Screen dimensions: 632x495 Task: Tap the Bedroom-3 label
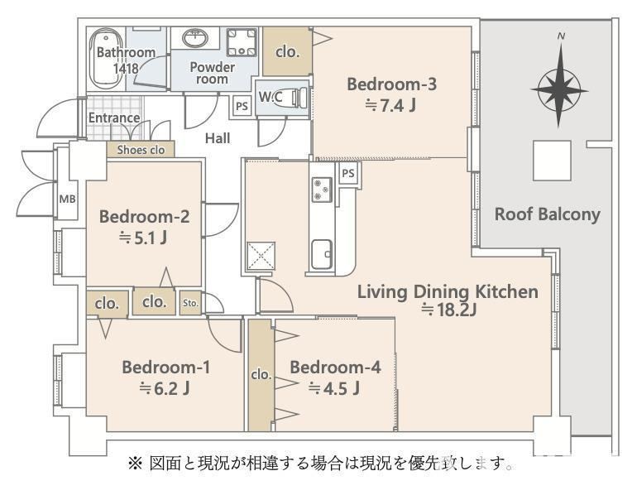click(x=391, y=84)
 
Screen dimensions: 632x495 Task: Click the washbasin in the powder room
click(x=195, y=38)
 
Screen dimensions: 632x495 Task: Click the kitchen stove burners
click(x=322, y=190)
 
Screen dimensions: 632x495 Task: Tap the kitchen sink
click(x=322, y=254)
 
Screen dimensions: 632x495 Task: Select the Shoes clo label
click(x=141, y=150)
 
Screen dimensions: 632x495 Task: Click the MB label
click(x=67, y=199)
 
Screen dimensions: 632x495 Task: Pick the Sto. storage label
click(x=190, y=303)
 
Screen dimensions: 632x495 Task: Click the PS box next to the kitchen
click(x=348, y=174)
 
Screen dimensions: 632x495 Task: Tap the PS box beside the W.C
click(x=242, y=107)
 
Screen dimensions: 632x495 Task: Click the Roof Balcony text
click(x=548, y=214)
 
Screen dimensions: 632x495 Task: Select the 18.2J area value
click(x=449, y=310)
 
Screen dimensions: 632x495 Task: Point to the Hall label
click(x=218, y=138)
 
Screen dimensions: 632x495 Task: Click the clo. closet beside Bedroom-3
click(x=287, y=51)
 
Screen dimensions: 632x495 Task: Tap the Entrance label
click(x=114, y=118)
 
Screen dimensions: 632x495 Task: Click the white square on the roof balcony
click(x=552, y=161)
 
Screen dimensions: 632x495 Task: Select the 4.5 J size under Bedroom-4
click(x=334, y=389)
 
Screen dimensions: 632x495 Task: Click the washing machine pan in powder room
click(x=242, y=42)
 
